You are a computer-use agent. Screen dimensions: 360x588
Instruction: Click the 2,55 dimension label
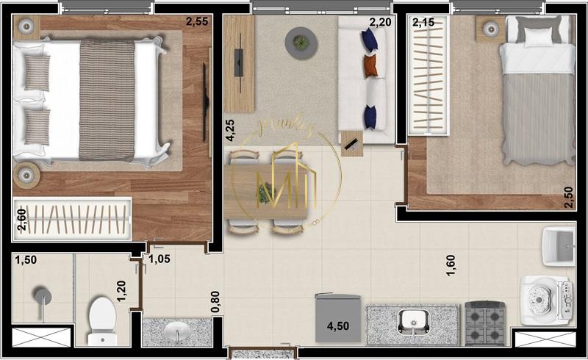coord(196,22)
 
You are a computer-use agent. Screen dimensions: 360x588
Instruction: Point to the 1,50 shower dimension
coord(26,261)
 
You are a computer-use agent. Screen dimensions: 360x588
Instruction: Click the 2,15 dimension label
coord(424,24)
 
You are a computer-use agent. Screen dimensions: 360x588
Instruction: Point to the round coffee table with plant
coord(300,41)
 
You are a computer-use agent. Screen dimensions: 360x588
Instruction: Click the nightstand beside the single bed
coord(490,29)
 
